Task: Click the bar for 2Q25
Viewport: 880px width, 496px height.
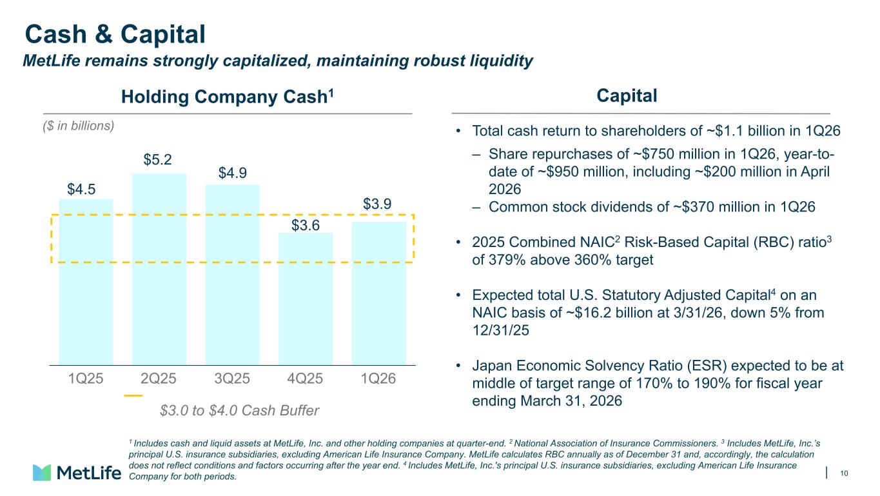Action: [x=159, y=269]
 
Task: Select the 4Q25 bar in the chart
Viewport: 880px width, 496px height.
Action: [x=306, y=299]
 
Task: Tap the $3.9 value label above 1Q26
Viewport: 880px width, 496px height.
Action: [x=377, y=204]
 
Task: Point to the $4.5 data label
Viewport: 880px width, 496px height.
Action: [x=81, y=190]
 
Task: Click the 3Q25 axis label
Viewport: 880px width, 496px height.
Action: [x=232, y=379]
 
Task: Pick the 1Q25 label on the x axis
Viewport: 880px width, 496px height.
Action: [x=86, y=379]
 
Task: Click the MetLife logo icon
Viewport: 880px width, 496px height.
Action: [x=42, y=472]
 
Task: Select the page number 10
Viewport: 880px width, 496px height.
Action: [x=844, y=473]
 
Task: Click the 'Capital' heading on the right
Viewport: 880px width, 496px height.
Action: [x=627, y=96]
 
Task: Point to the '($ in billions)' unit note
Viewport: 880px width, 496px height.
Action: [x=79, y=126]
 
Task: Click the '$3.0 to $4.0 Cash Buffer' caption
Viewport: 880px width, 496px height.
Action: [x=239, y=410]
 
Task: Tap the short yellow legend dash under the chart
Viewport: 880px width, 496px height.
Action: [x=133, y=395]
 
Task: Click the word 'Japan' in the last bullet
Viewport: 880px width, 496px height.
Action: [x=492, y=366]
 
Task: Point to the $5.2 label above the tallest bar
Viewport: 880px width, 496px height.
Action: [x=157, y=159]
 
